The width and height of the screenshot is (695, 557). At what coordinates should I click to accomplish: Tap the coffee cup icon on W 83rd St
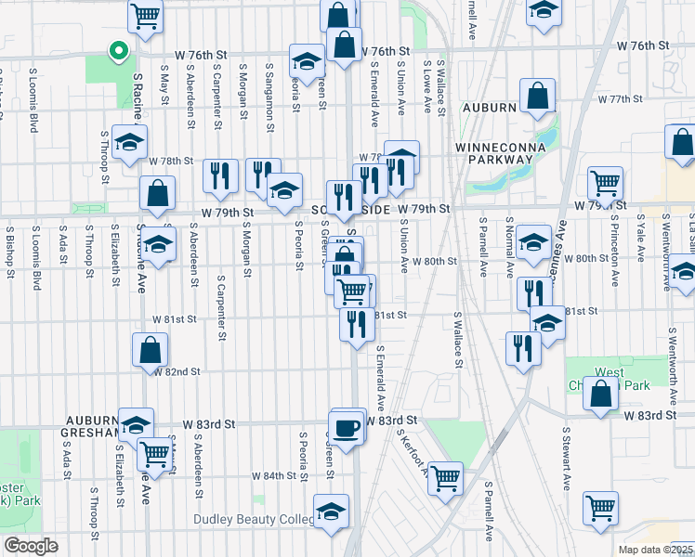pos(347,428)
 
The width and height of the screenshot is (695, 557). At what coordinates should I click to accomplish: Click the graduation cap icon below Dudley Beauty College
pos(331,512)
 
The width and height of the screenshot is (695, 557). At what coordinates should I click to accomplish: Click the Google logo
pos(32,545)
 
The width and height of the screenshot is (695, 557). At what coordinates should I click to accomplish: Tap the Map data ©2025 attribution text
pos(656,550)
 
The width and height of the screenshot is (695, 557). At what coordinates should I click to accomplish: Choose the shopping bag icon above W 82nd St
pos(151,351)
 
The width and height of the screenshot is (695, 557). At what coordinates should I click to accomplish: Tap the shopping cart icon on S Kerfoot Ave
pos(446,479)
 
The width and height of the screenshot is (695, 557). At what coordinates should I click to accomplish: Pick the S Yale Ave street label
pos(640,238)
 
